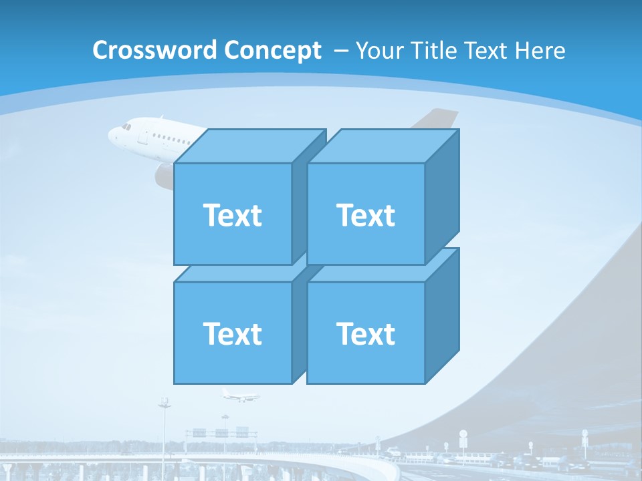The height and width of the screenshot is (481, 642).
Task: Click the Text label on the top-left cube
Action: point(232,215)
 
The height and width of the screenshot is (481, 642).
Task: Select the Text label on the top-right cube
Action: point(366,215)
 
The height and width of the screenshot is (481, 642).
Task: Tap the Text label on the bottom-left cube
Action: point(232,333)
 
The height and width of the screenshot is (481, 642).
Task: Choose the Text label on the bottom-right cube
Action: point(366,333)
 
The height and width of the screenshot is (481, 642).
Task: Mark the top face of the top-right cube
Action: point(383,146)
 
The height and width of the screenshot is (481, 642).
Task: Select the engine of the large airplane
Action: point(165,176)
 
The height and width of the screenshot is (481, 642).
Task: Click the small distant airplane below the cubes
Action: point(240,395)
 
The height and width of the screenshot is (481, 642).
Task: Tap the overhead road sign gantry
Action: point(221,432)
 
